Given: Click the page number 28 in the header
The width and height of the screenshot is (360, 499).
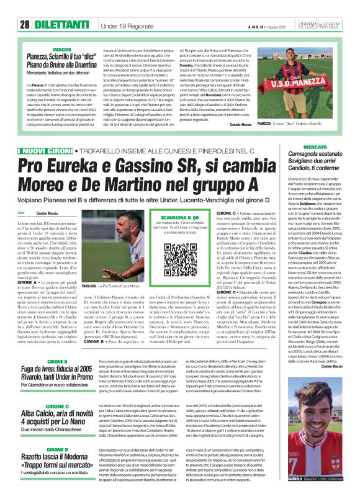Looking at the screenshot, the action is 25,25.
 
